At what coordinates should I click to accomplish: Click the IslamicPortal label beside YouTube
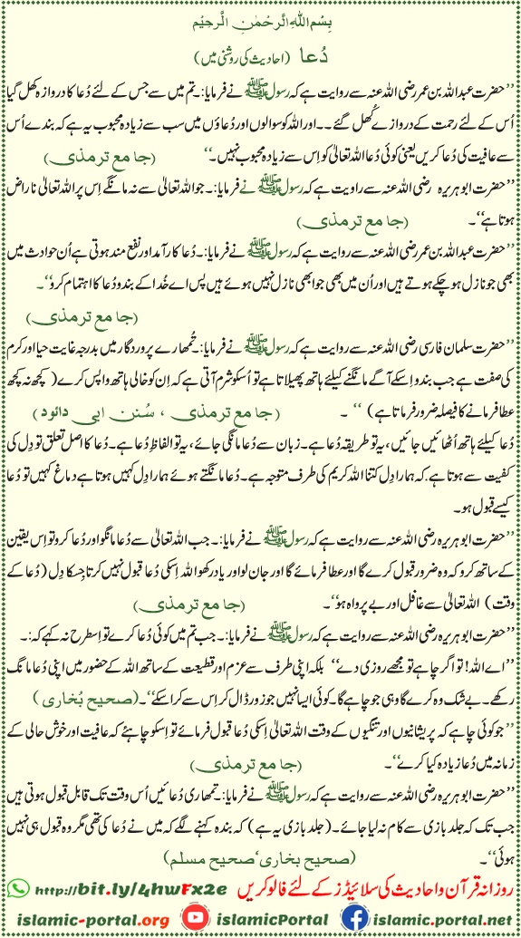pos(261,917)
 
